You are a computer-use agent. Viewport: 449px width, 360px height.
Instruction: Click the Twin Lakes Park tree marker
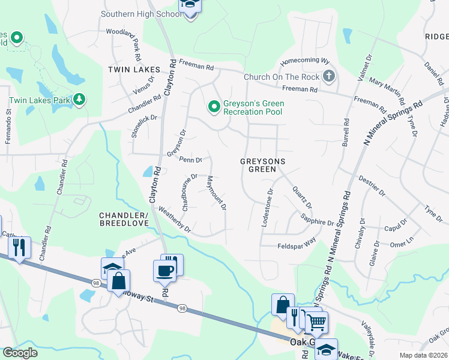tap(79, 99)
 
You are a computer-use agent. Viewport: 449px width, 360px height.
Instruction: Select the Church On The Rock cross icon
tap(328, 77)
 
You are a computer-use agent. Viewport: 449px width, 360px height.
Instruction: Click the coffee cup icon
tap(165, 270)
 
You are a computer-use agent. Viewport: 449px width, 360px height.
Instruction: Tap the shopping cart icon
tap(316, 322)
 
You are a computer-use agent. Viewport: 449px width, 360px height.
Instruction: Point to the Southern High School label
tap(140, 14)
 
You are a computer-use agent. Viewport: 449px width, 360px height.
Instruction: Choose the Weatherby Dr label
tap(175, 220)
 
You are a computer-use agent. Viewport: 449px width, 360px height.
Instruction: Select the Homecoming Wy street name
tap(306, 61)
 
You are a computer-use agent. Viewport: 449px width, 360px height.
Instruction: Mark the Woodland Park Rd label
tap(122, 38)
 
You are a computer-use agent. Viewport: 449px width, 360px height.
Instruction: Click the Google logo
tap(20, 353)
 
